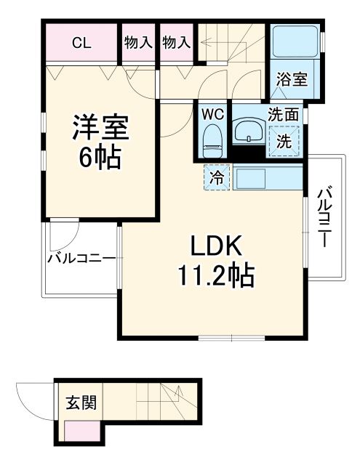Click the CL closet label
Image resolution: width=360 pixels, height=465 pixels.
click(81, 43)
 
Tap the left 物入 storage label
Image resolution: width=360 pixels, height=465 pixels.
click(137, 43)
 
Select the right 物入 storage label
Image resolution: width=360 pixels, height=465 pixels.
click(175, 43)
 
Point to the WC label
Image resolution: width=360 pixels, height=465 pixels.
click(212, 114)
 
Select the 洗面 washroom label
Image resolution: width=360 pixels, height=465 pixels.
click(282, 114)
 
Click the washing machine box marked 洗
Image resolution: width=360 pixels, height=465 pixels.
click(285, 140)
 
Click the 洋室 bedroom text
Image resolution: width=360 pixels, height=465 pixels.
click(101, 128)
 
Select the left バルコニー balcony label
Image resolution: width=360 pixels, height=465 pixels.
click(81, 257)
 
